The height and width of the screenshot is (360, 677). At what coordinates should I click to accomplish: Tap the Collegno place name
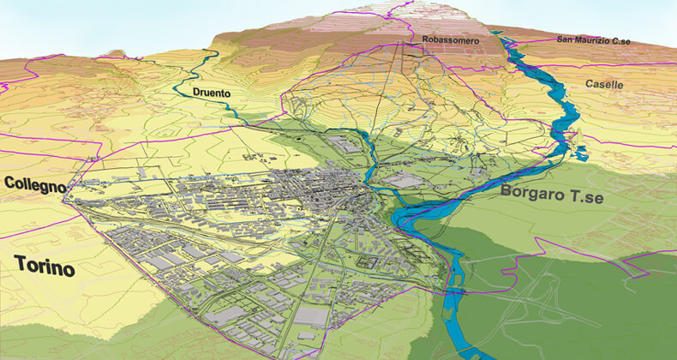point(34,184)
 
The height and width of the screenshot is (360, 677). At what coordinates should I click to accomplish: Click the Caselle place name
point(605,84)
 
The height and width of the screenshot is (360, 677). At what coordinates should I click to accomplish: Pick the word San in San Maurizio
point(566,39)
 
